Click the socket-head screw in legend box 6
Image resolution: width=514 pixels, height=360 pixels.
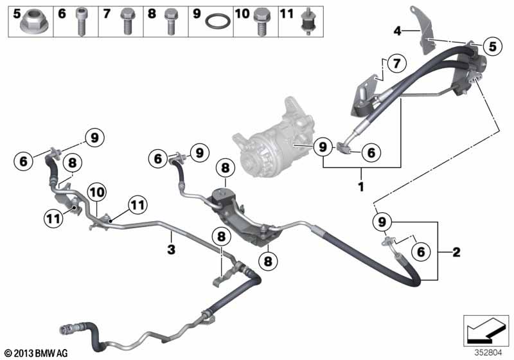click(81, 21)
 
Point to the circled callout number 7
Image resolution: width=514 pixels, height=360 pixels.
click(397, 63)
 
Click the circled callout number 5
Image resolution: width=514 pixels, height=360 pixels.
click(492, 46)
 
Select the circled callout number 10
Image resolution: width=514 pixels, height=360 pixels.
click(98, 192)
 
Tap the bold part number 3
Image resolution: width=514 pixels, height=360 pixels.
click(171, 249)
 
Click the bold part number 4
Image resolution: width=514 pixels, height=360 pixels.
click(397, 31)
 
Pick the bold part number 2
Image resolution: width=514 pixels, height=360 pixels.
click(456, 252)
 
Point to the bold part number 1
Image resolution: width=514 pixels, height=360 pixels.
click(361, 187)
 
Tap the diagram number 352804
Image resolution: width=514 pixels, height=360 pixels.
click(488, 353)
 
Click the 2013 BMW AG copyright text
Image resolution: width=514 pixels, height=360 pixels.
click(37, 353)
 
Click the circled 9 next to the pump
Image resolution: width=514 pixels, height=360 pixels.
click(323, 147)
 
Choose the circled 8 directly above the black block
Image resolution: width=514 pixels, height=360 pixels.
click(226, 168)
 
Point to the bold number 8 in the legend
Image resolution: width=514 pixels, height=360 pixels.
click(152, 14)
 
